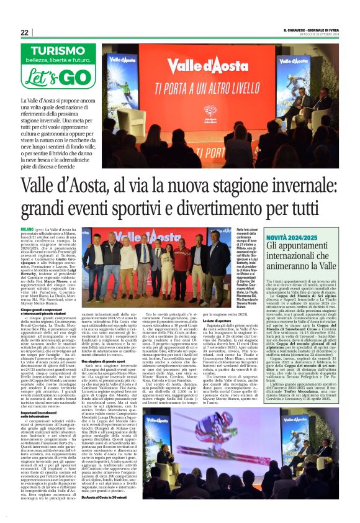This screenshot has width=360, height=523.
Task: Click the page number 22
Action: [25, 32]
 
